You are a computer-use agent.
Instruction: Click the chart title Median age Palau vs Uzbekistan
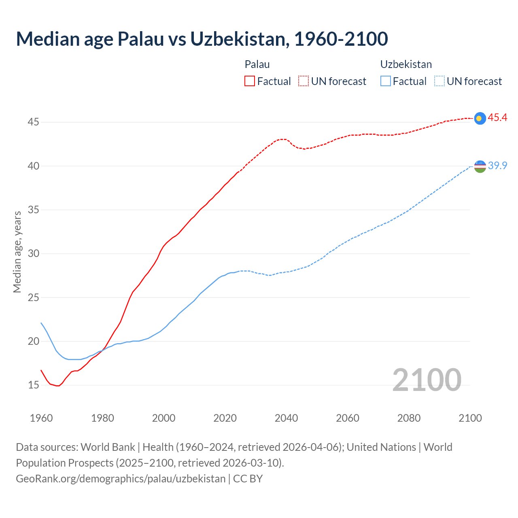pos(202,39)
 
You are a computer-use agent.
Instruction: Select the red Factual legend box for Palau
pos(250,81)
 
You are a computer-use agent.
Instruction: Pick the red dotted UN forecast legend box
pos(304,81)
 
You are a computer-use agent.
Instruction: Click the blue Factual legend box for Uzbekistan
pos(386,81)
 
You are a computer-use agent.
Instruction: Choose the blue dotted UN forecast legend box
pos(439,81)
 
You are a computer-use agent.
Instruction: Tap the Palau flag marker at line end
pos(480,118)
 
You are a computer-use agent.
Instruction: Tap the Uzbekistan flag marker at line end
pos(480,166)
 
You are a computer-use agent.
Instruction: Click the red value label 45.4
pos(497,117)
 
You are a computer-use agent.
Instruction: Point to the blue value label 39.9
pos(497,166)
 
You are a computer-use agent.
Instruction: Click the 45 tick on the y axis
pos(33,122)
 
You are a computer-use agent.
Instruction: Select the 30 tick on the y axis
pos(33,253)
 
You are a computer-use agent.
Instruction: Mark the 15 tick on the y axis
pos(33,385)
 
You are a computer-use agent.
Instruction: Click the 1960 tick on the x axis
pos(41,418)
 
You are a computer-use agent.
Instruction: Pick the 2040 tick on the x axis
pos(286,418)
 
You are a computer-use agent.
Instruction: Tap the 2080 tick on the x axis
pos(409,418)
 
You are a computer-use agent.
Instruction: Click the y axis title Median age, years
pos(17,252)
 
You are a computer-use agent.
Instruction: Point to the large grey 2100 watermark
pos(427,380)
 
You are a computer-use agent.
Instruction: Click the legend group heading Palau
pos(257,64)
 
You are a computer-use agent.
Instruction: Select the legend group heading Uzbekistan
pos(406,64)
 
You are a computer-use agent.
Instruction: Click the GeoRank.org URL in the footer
pos(121,478)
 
